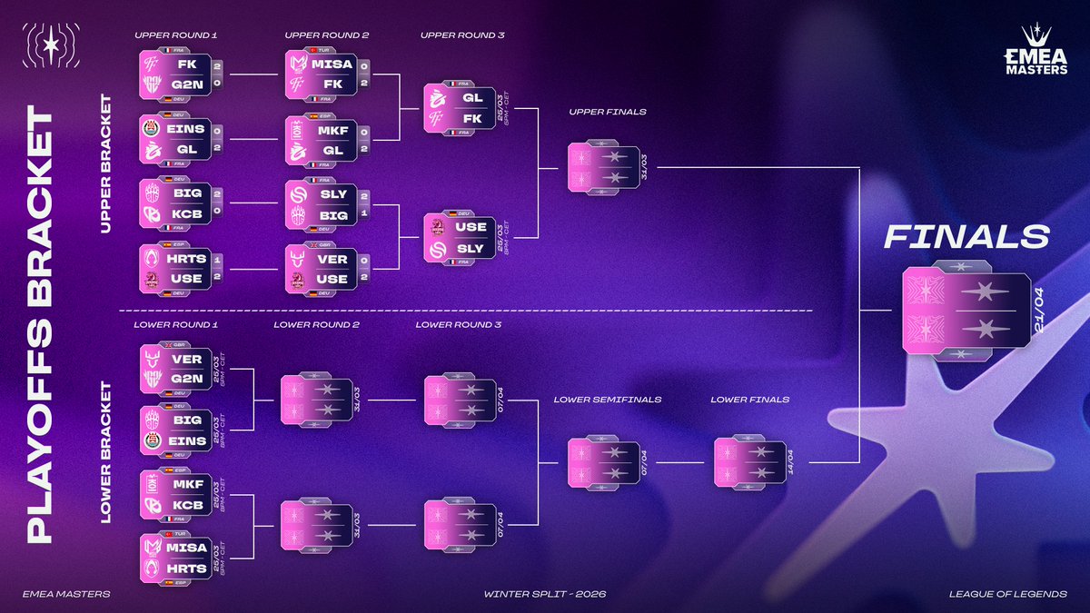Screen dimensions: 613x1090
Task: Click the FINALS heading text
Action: [x=966, y=238]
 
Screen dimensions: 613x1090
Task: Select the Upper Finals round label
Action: [x=608, y=112]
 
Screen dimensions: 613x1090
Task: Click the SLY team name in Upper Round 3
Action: [x=471, y=247]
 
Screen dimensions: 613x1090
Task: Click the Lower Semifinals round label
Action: [x=607, y=399]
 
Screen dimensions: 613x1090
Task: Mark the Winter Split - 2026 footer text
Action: [x=545, y=594]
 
